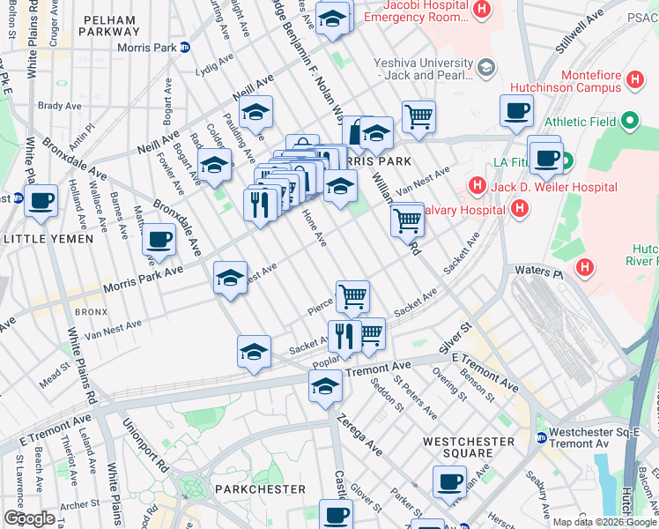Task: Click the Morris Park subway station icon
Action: tap(184, 48)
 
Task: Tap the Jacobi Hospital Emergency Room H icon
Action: tap(481, 10)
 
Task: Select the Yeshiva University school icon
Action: tap(485, 68)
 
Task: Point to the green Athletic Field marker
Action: tap(630, 121)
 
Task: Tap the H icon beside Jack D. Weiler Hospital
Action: tap(477, 185)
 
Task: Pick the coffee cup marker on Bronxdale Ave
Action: tap(159, 239)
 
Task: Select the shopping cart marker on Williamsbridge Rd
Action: tap(407, 219)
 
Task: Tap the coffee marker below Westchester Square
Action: tap(449, 482)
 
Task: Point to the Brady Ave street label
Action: tap(59, 106)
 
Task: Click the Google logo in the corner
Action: tap(29, 518)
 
